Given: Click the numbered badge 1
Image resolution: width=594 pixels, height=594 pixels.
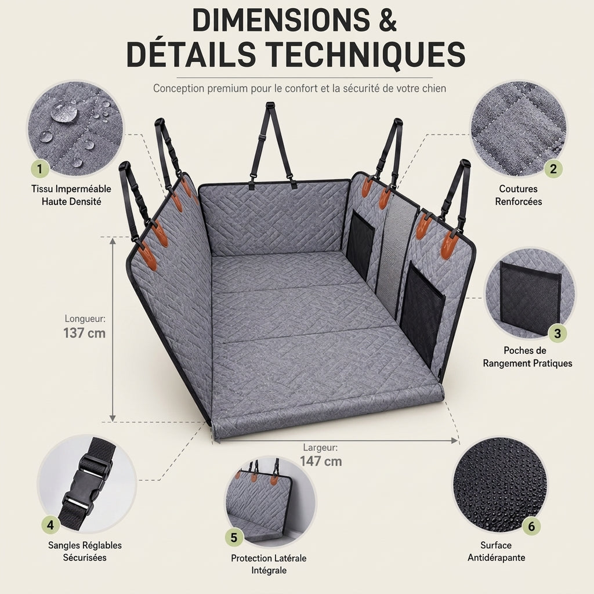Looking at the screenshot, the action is (40, 168).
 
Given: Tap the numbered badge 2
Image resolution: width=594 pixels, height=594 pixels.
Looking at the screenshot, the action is (553, 168).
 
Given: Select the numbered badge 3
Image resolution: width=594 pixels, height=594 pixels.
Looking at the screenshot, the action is (557, 334).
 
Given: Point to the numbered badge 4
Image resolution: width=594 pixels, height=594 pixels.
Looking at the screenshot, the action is (50, 525).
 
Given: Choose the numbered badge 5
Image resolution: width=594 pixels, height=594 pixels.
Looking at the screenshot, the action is (234, 537).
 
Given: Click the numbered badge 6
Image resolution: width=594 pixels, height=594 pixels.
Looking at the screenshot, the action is (531, 526).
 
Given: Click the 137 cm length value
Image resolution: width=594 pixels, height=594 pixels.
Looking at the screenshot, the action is (84, 333).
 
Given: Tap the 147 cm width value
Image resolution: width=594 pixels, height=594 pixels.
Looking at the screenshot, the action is (321, 461).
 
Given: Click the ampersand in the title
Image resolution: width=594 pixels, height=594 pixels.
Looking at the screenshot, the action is (387, 20).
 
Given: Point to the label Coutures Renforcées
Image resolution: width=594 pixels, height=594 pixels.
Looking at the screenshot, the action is (518, 195).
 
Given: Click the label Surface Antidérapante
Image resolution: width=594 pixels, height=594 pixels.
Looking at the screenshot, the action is (497, 551).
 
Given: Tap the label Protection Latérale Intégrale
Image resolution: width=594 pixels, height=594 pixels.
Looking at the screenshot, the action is (269, 564).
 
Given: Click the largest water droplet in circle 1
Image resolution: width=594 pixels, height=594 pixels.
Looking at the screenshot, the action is (64, 113).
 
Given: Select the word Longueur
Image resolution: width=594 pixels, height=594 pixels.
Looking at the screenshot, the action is (85, 318).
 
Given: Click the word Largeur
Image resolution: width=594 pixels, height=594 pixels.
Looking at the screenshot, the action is (320, 447).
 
